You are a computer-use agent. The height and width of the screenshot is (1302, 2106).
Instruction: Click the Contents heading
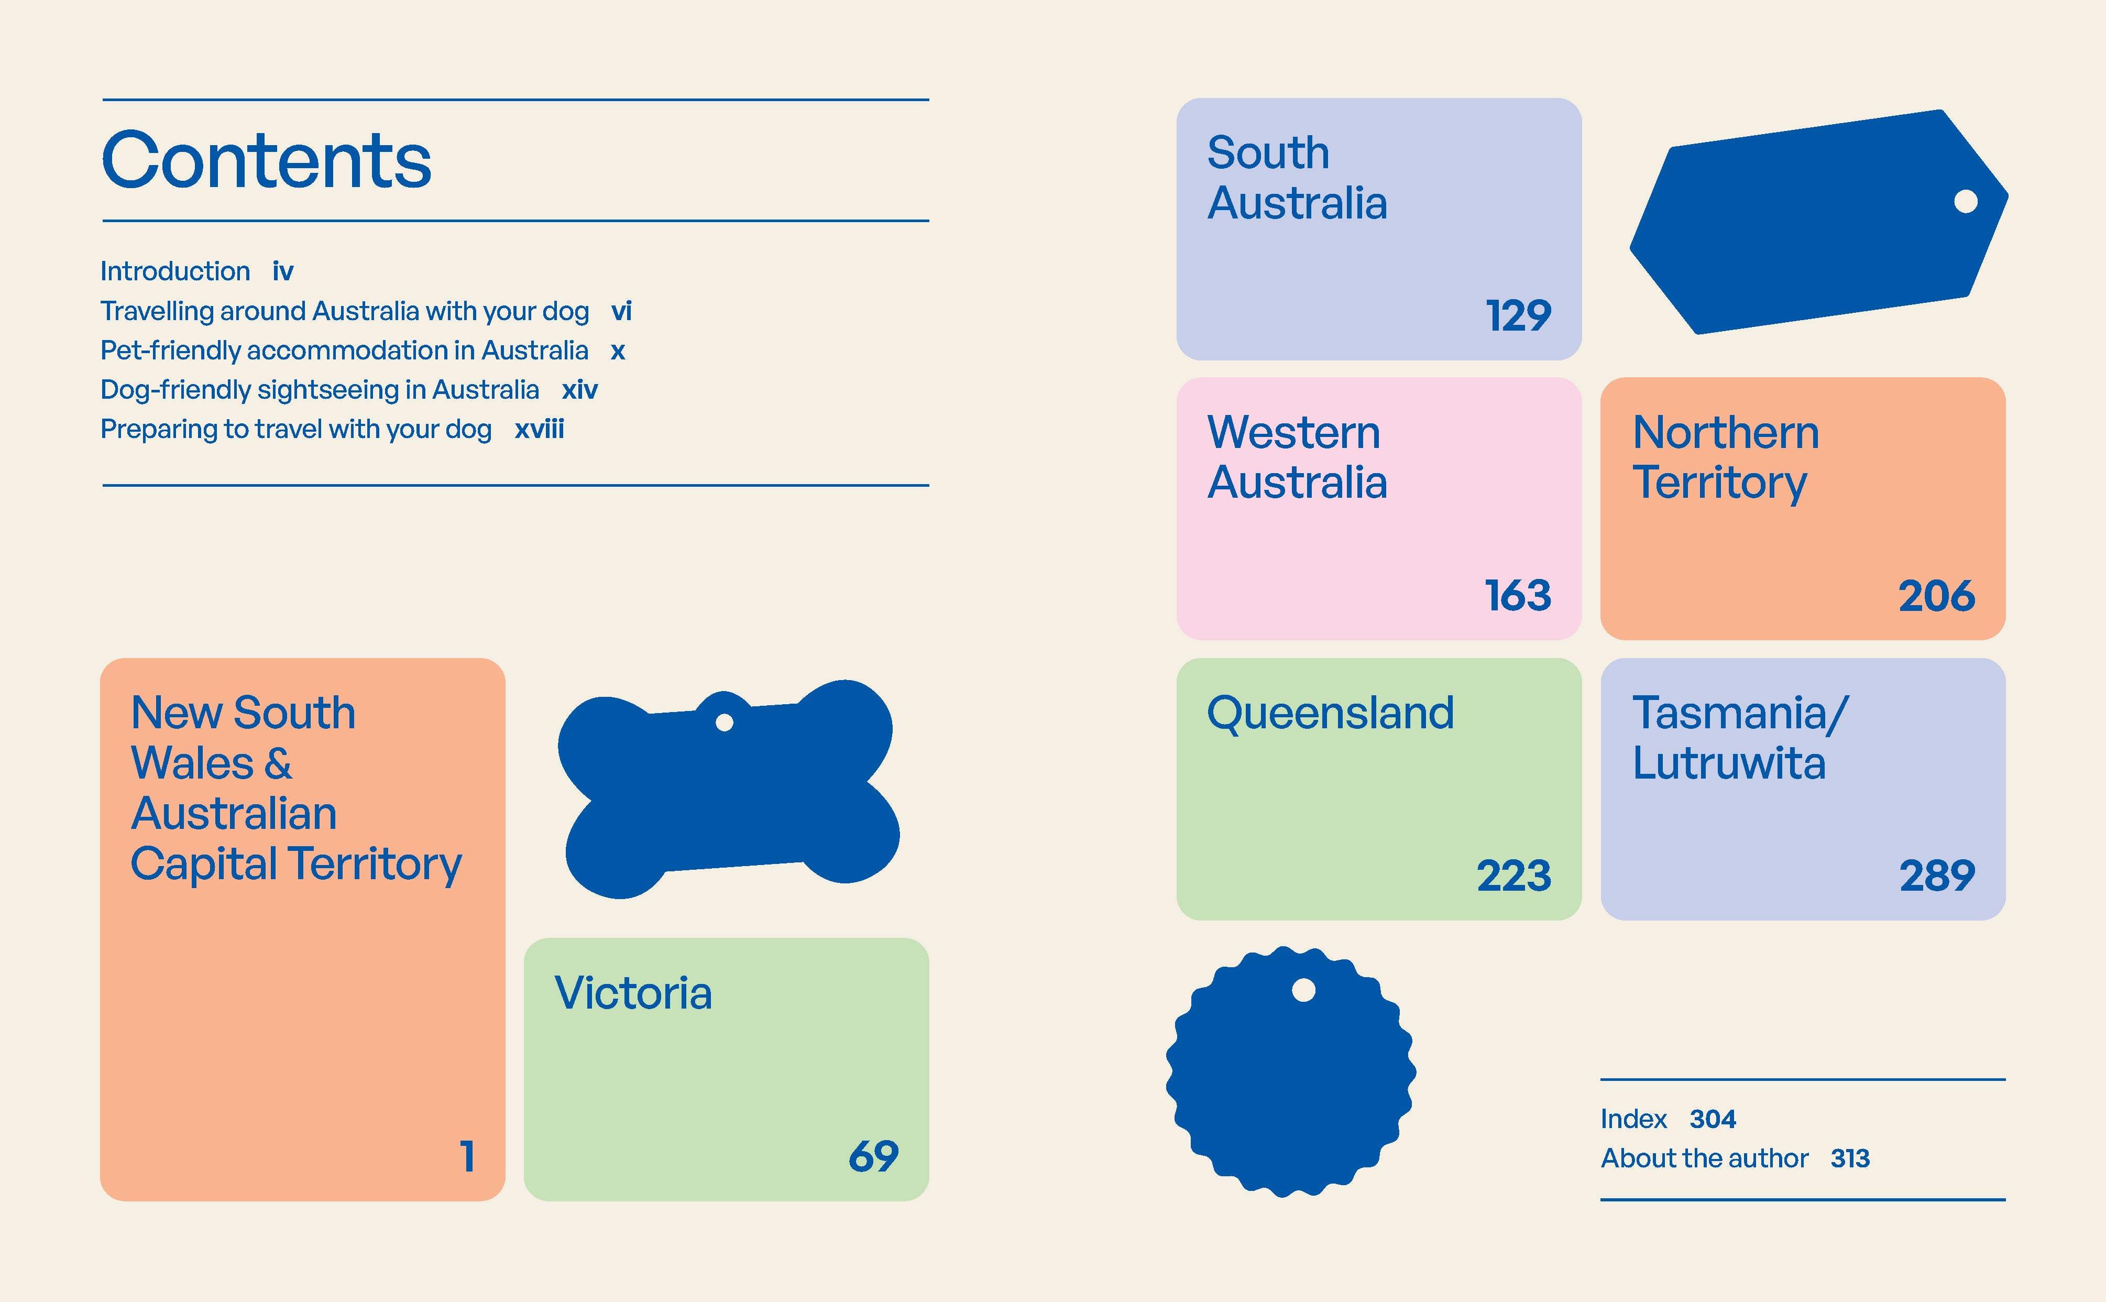(266, 160)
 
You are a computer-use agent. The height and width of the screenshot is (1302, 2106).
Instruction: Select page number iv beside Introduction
(283, 271)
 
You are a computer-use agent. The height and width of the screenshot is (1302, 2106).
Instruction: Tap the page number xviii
(539, 429)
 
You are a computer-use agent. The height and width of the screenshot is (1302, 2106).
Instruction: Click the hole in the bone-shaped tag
(724, 721)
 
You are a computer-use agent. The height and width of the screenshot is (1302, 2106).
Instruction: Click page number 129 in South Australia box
(1518, 315)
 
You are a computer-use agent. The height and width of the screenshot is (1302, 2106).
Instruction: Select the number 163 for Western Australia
(1518, 595)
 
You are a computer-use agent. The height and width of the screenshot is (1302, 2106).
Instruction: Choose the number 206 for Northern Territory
(1936, 595)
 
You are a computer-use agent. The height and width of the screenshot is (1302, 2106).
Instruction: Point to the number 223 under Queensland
(1513, 876)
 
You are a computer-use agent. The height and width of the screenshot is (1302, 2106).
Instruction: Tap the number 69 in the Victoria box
(873, 1156)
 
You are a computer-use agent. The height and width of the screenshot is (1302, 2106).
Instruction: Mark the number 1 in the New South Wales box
(467, 1156)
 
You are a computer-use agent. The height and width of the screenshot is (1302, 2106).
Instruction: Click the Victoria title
(633, 993)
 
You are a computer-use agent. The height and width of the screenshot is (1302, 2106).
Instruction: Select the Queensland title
(1330, 714)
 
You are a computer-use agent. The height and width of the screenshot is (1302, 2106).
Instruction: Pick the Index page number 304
(1713, 1119)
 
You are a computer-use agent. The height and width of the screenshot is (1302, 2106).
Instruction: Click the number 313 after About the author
(1850, 1158)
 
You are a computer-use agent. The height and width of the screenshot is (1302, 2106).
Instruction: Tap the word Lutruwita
(1729, 763)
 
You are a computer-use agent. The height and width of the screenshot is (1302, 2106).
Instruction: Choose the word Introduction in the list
(175, 271)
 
